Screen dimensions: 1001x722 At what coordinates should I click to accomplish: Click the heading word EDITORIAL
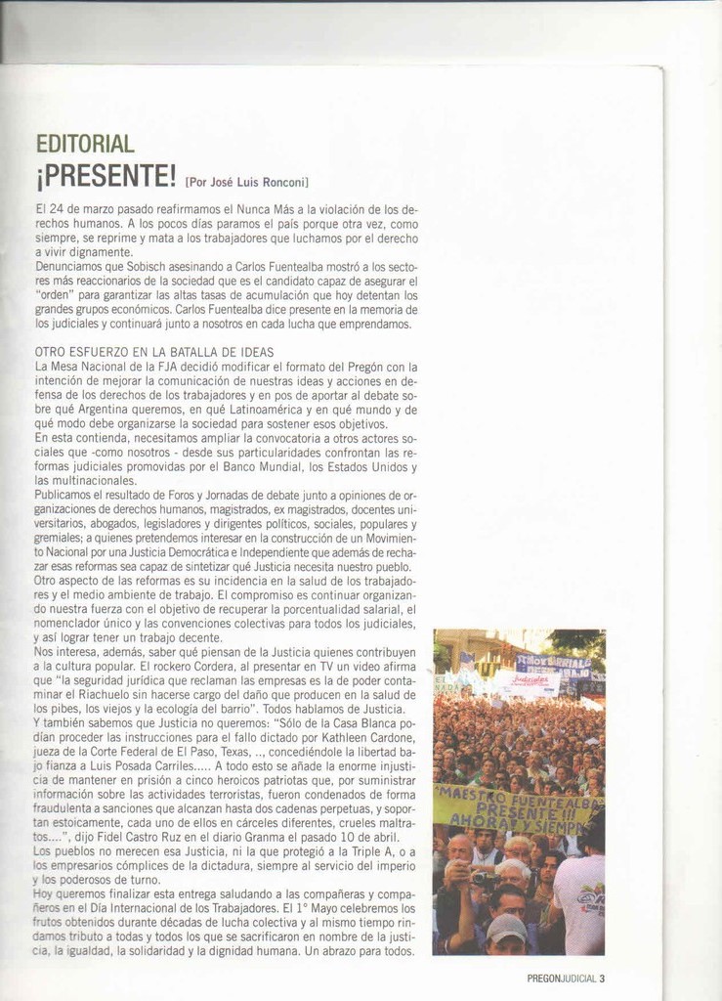(x=84, y=145)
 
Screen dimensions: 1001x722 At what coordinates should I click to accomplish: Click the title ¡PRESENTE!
(x=106, y=177)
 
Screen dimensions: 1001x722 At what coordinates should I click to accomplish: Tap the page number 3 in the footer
(x=603, y=978)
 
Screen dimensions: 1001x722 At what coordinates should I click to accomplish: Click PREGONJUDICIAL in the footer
(x=561, y=978)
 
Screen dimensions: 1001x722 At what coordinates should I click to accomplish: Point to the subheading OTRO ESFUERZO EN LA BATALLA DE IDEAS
(x=154, y=352)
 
